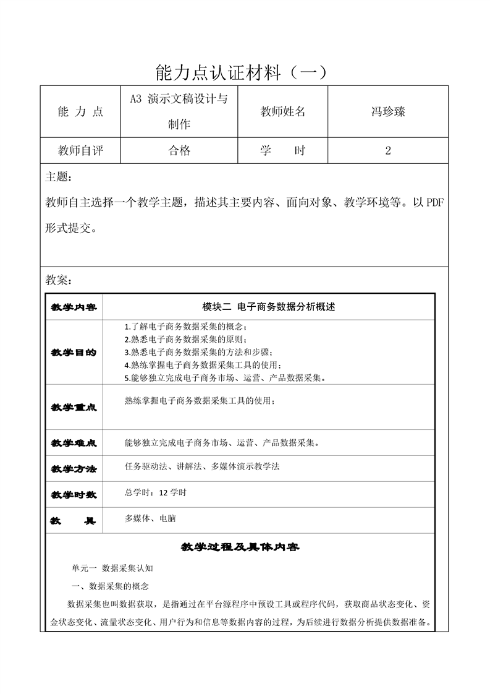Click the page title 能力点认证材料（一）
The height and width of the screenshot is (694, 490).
pyautogui.click(x=245, y=72)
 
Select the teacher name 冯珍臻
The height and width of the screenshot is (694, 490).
pyautogui.click(x=387, y=112)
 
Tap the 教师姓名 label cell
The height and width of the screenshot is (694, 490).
pyautogui.click(x=283, y=112)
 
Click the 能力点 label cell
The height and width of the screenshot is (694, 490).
pyautogui.click(x=80, y=112)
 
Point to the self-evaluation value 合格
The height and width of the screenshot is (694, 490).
pyautogui.click(x=180, y=150)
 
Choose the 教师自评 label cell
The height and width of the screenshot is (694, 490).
pyautogui.click(x=80, y=150)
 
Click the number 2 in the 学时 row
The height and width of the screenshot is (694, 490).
pyautogui.click(x=387, y=150)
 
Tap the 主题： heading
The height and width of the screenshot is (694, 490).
pyautogui.click(x=59, y=178)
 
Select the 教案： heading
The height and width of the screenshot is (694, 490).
pyautogui.click(x=59, y=280)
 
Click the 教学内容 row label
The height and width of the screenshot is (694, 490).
pyautogui.click(x=74, y=307)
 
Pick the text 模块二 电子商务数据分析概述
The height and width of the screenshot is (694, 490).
pyautogui.click(x=269, y=307)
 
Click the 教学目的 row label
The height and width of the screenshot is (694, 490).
pyautogui.click(x=74, y=352)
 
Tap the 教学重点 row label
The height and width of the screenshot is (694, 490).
pyautogui.click(x=74, y=408)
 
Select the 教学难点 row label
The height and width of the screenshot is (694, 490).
pyautogui.click(x=74, y=443)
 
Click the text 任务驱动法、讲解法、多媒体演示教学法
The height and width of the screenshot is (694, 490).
pyautogui.click(x=202, y=466)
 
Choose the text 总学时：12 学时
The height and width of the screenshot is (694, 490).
pyautogui.click(x=155, y=493)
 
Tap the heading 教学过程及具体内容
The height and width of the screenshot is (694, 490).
pyautogui.click(x=240, y=547)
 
